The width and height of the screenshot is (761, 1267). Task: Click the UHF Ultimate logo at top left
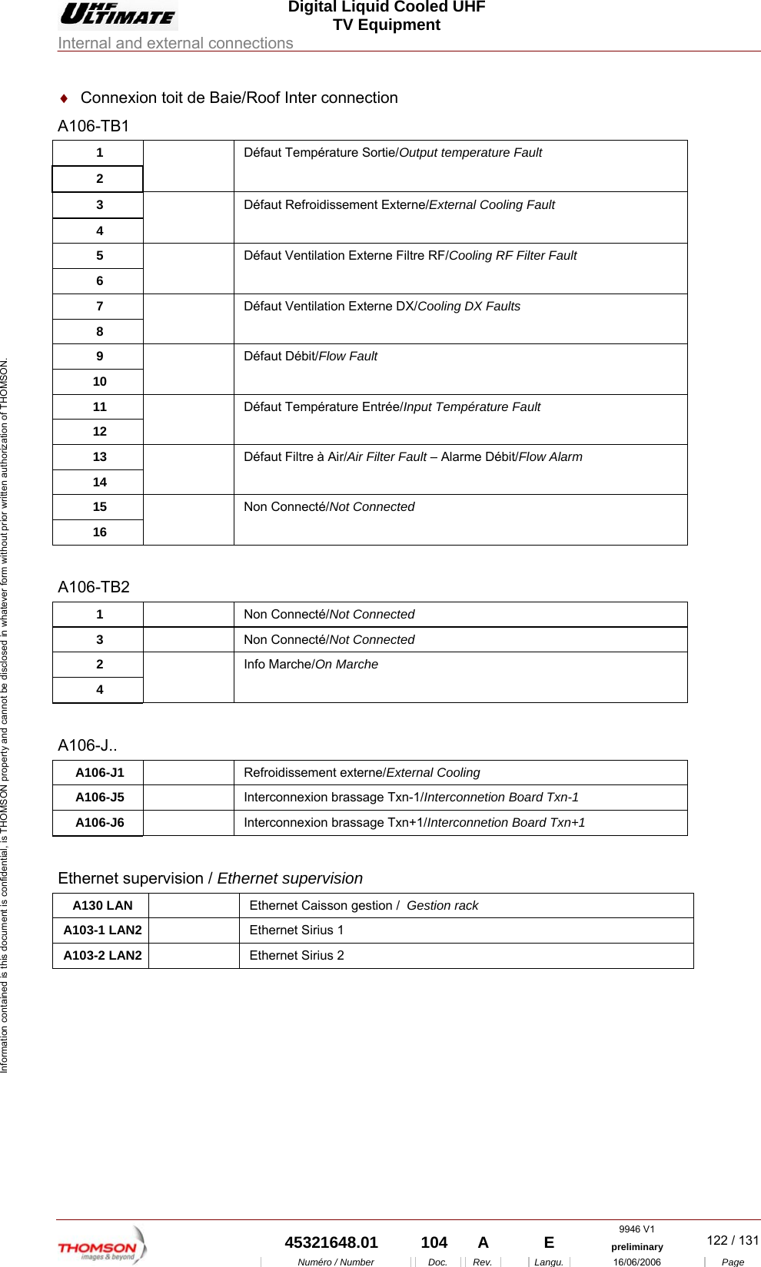[x=118, y=15]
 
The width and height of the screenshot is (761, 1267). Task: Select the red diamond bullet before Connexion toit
[x=65, y=98]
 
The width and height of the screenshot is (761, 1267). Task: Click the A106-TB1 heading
[x=94, y=126]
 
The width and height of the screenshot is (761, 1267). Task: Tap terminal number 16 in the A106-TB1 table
[x=99, y=532]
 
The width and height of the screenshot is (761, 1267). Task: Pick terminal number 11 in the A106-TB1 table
[x=99, y=406]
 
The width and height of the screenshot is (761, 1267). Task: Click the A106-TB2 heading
[x=94, y=587]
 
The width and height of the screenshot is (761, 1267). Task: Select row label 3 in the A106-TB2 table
[x=99, y=639]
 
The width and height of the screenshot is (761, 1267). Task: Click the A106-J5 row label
[x=100, y=798]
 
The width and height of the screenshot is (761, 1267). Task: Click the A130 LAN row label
[x=102, y=906]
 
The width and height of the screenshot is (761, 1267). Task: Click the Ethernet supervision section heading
[x=210, y=878]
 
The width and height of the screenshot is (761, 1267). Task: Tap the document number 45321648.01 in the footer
[x=331, y=1242]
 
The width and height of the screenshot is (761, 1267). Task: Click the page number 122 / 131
[x=732, y=1240]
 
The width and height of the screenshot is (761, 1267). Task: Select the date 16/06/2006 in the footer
[x=636, y=1262]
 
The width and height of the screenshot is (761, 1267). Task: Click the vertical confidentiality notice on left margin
[x=5, y=715]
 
